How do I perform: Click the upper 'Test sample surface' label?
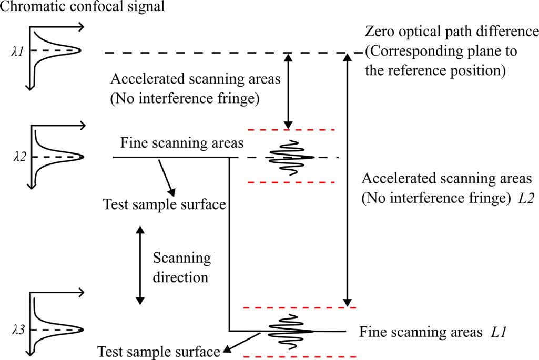(164, 204)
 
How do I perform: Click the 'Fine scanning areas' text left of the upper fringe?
(182, 143)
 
